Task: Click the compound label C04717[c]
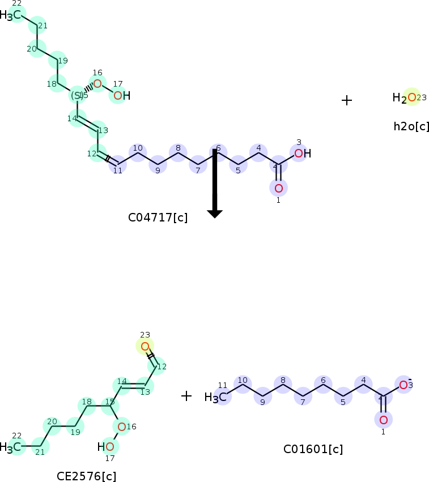click(158, 217)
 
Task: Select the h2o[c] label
click(411, 126)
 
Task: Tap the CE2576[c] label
click(86, 476)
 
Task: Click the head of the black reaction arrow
click(214, 214)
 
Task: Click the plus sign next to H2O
click(347, 100)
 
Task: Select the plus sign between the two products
click(186, 395)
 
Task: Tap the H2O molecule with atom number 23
click(406, 98)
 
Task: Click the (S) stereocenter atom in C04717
click(78, 95)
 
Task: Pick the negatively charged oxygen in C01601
click(403, 385)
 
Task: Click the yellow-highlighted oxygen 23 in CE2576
click(145, 346)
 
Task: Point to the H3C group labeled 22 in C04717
click(12, 15)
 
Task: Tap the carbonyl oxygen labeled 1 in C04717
click(278, 188)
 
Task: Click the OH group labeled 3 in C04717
click(302, 153)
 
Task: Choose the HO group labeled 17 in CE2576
click(106, 447)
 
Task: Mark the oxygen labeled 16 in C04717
click(97, 84)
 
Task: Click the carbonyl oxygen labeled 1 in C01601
click(383, 420)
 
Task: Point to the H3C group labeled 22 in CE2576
click(12, 447)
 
